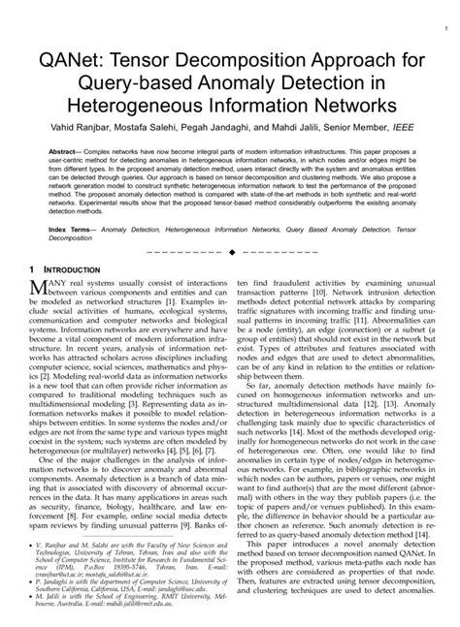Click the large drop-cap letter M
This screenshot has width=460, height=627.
[42, 286]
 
